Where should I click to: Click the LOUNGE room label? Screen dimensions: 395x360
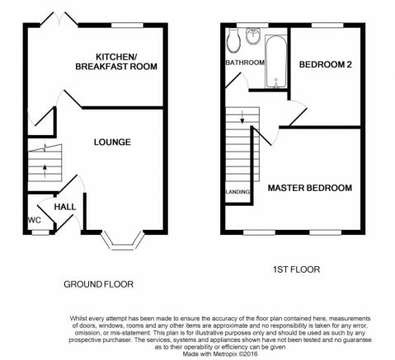point(112,142)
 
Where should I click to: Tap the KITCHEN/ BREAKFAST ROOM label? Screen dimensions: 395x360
point(116,62)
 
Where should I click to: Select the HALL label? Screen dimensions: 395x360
point(65,207)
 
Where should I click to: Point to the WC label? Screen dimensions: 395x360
point(35,220)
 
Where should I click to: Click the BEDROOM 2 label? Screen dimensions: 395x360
point(326,64)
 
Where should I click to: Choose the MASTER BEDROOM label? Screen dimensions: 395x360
point(310,188)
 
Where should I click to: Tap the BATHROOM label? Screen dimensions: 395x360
point(245,63)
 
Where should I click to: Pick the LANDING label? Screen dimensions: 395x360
point(237,192)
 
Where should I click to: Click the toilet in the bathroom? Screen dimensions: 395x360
point(234,40)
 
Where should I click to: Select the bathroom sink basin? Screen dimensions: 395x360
point(253,36)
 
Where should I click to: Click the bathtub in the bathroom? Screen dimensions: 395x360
point(275,61)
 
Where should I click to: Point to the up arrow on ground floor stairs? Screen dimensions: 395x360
point(45,171)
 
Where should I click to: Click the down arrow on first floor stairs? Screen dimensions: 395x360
point(242,117)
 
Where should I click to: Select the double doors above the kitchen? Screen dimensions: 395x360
point(59,19)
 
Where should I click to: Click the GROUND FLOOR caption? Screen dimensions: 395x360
point(98,284)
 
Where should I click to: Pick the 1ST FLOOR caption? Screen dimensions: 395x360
point(296,269)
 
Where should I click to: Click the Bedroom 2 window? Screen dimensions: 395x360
point(327,26)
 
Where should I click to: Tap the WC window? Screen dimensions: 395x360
point(40,232)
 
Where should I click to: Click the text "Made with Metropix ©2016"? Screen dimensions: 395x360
point(220,354)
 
